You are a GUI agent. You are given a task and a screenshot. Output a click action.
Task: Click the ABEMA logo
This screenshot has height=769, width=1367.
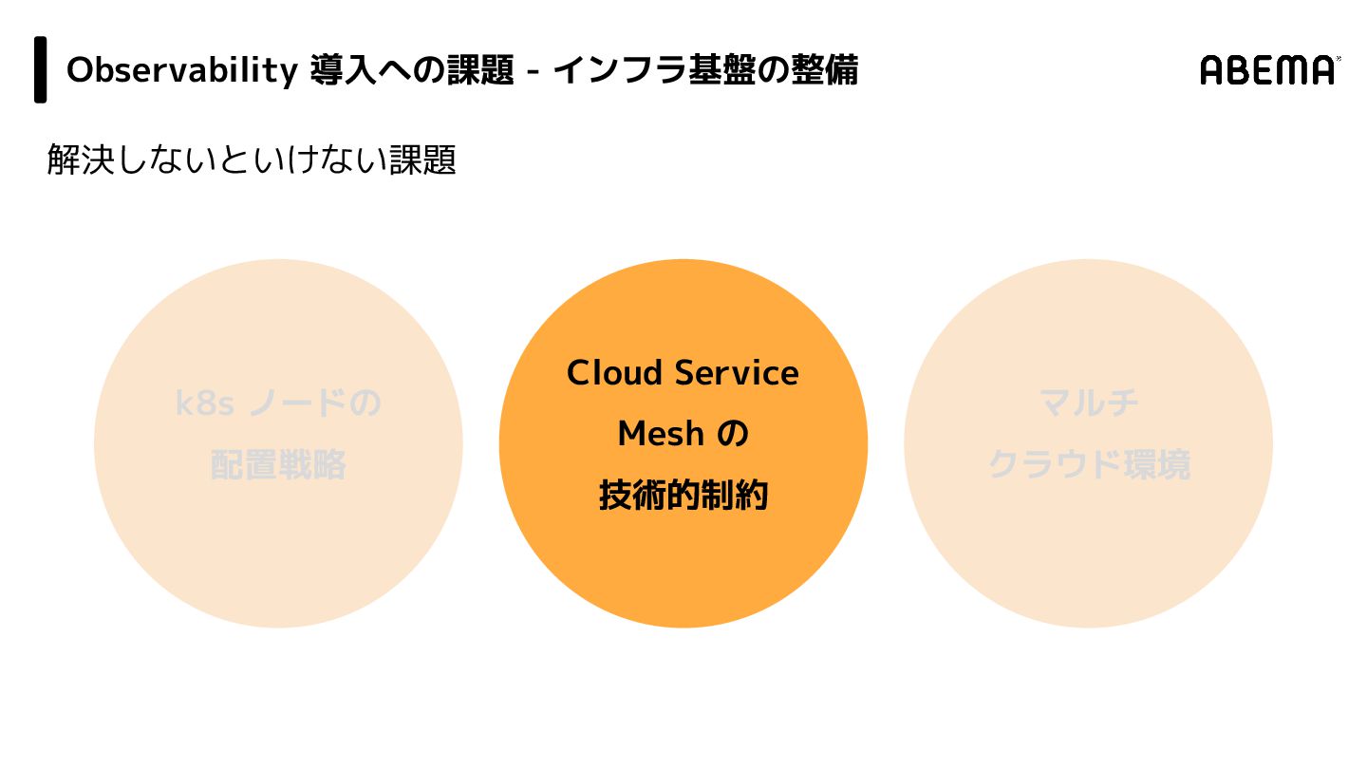(1269, 70)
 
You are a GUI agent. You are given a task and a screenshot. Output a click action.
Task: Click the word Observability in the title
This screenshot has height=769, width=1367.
(181, 70)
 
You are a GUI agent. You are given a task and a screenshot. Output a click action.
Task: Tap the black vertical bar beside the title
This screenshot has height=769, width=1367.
(41, 69)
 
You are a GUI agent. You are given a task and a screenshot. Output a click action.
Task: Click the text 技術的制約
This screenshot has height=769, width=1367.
(683, 496)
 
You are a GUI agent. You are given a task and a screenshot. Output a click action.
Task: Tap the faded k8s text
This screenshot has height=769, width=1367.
(204, 403)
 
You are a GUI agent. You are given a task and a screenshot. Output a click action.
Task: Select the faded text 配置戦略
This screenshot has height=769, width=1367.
(278, 465)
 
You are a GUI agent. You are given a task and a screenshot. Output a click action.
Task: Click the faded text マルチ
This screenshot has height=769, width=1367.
(1089, 403)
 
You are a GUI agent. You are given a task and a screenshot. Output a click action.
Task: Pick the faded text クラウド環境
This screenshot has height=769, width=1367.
(1089, 465)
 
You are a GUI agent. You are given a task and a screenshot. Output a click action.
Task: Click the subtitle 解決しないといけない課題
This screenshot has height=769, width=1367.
(252, 159)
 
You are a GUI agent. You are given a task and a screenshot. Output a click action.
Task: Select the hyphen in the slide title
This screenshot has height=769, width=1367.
(534, 72)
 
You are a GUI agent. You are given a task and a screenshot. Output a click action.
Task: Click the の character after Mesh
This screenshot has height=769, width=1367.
(732, 435)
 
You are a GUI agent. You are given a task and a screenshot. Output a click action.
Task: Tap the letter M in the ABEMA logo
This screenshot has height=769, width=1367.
(1292, 70)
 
